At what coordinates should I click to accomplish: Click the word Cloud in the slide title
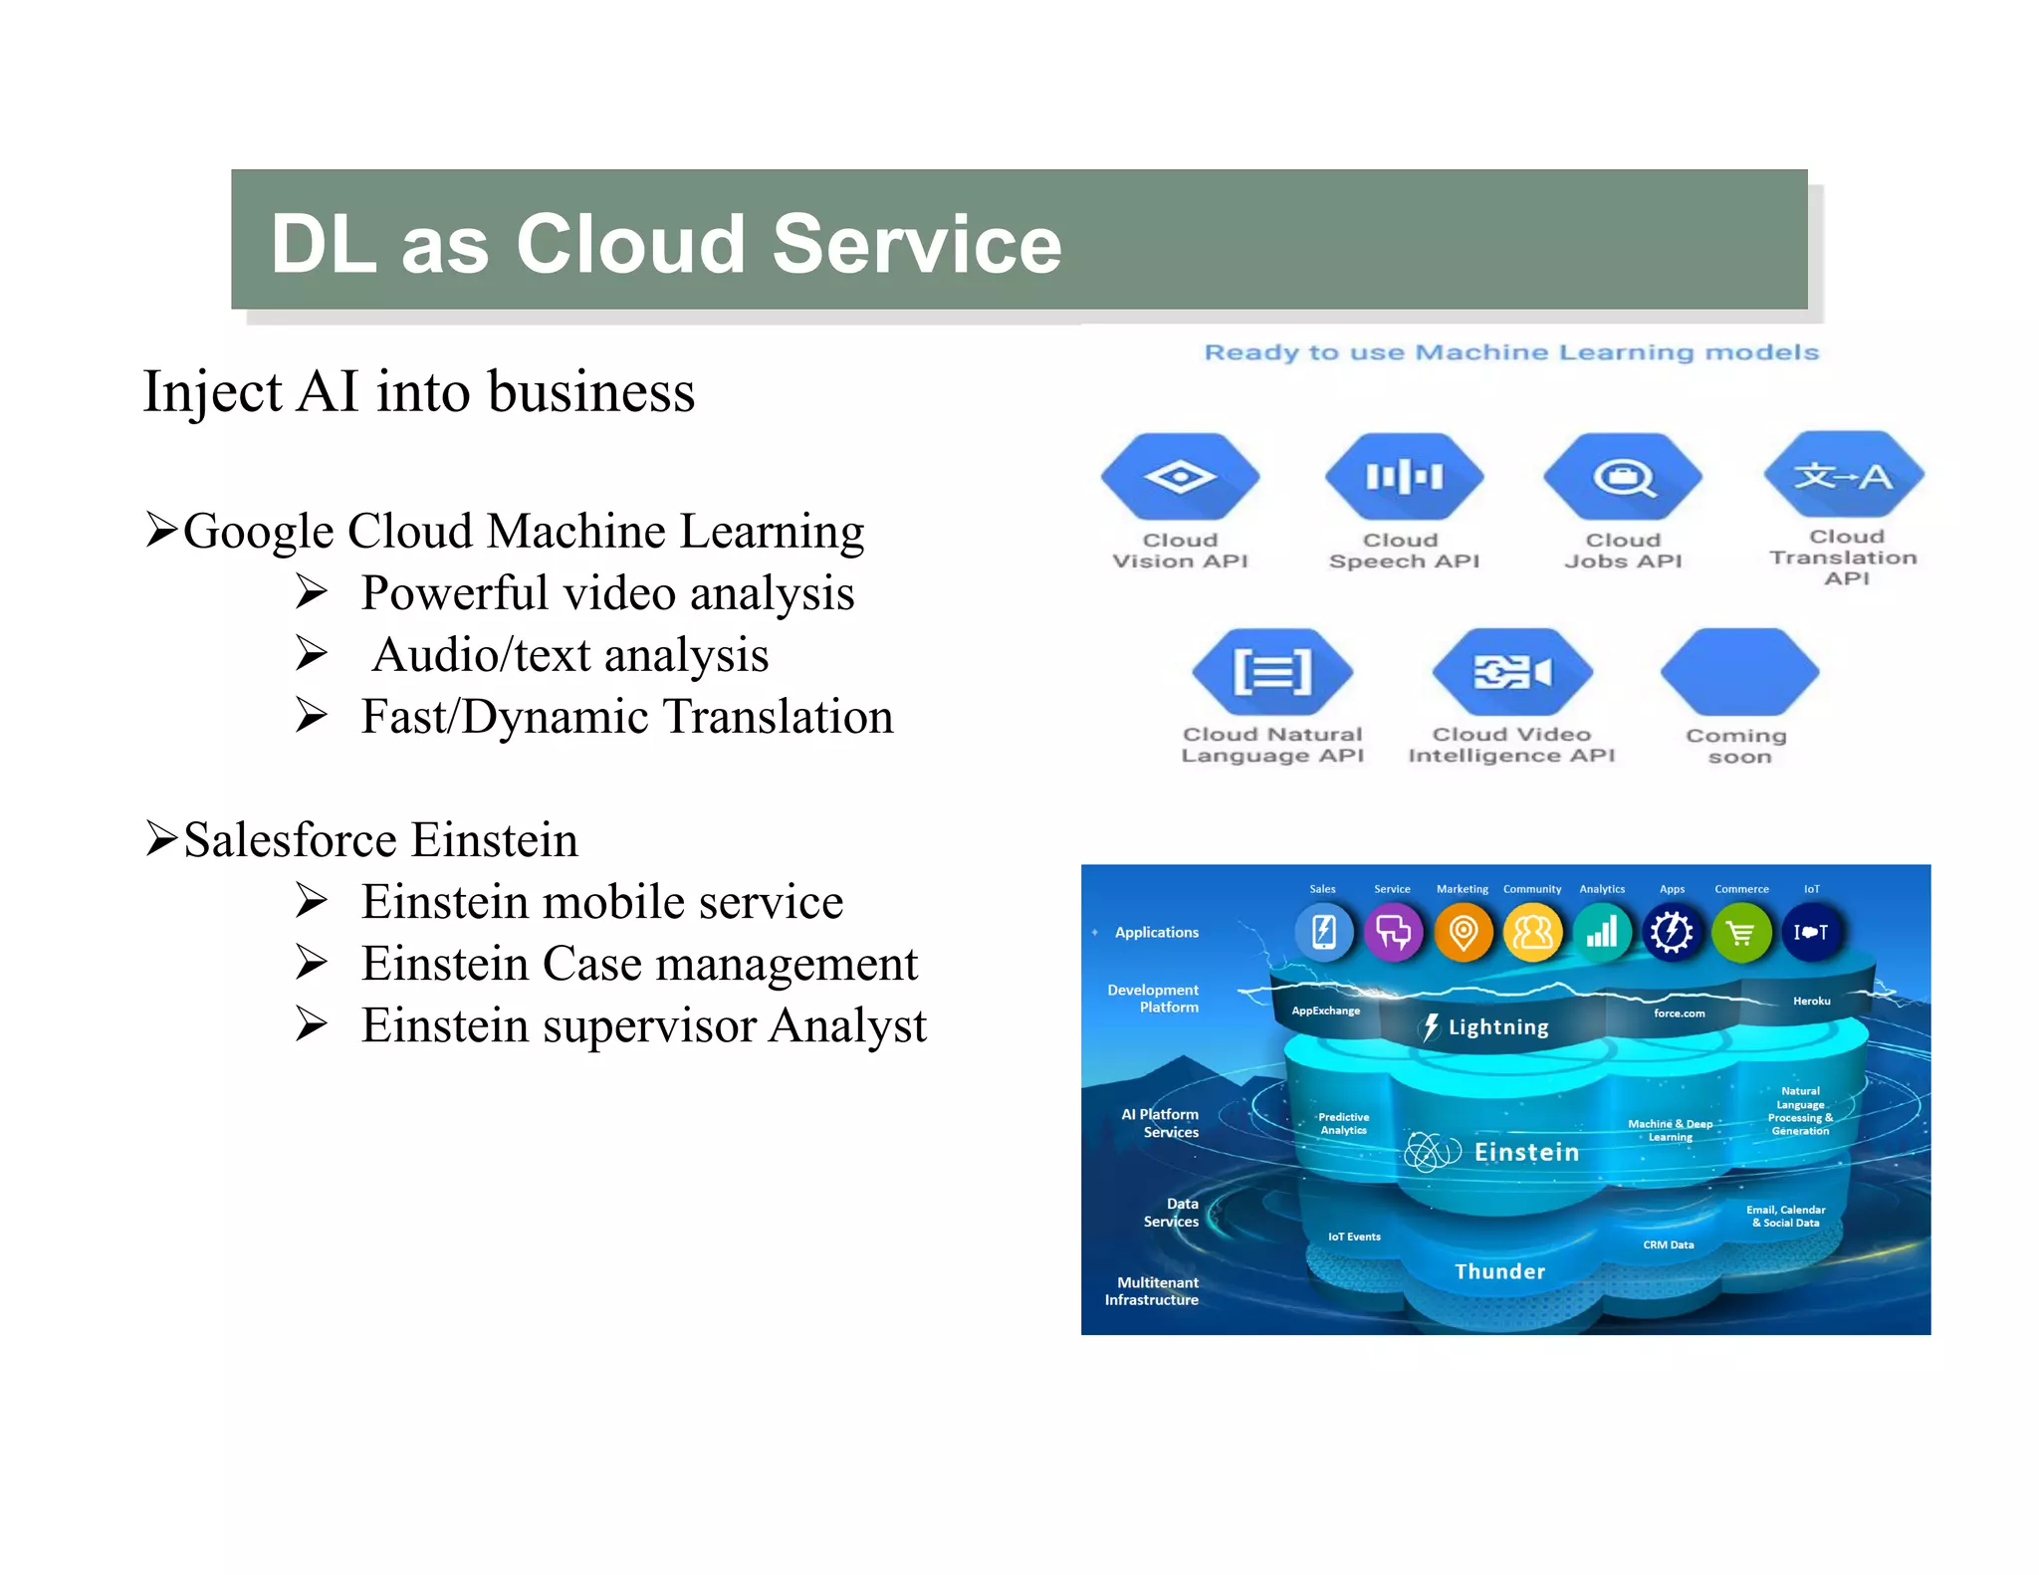point(629,245)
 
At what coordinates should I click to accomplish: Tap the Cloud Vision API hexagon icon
point(1180,476)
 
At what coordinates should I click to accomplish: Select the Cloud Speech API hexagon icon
point(1404,476)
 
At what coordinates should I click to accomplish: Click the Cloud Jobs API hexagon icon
point(1623,476)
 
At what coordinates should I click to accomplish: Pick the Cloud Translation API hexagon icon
point(1844,475)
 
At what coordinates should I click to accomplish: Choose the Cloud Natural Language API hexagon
point(1272,671)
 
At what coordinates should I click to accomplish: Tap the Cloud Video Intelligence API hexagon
point(1511,671)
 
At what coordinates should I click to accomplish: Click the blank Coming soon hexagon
point(1739,671)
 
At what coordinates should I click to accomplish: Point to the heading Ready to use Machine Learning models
point(1511,352)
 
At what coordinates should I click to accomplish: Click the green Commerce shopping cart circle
point(1741,933)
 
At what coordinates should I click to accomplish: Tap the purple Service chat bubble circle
point(1393,933)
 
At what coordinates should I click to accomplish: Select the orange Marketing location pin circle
point(1463,933)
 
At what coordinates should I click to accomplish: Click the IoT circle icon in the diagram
point(1811,933)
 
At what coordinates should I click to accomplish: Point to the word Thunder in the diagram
point(1499,1271)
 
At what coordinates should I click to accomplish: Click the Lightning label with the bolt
point(1486,1027)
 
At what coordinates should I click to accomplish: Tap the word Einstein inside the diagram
point(1526,1152)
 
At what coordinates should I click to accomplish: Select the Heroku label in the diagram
point(1811,1001)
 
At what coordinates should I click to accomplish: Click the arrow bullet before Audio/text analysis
point(312,654)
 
